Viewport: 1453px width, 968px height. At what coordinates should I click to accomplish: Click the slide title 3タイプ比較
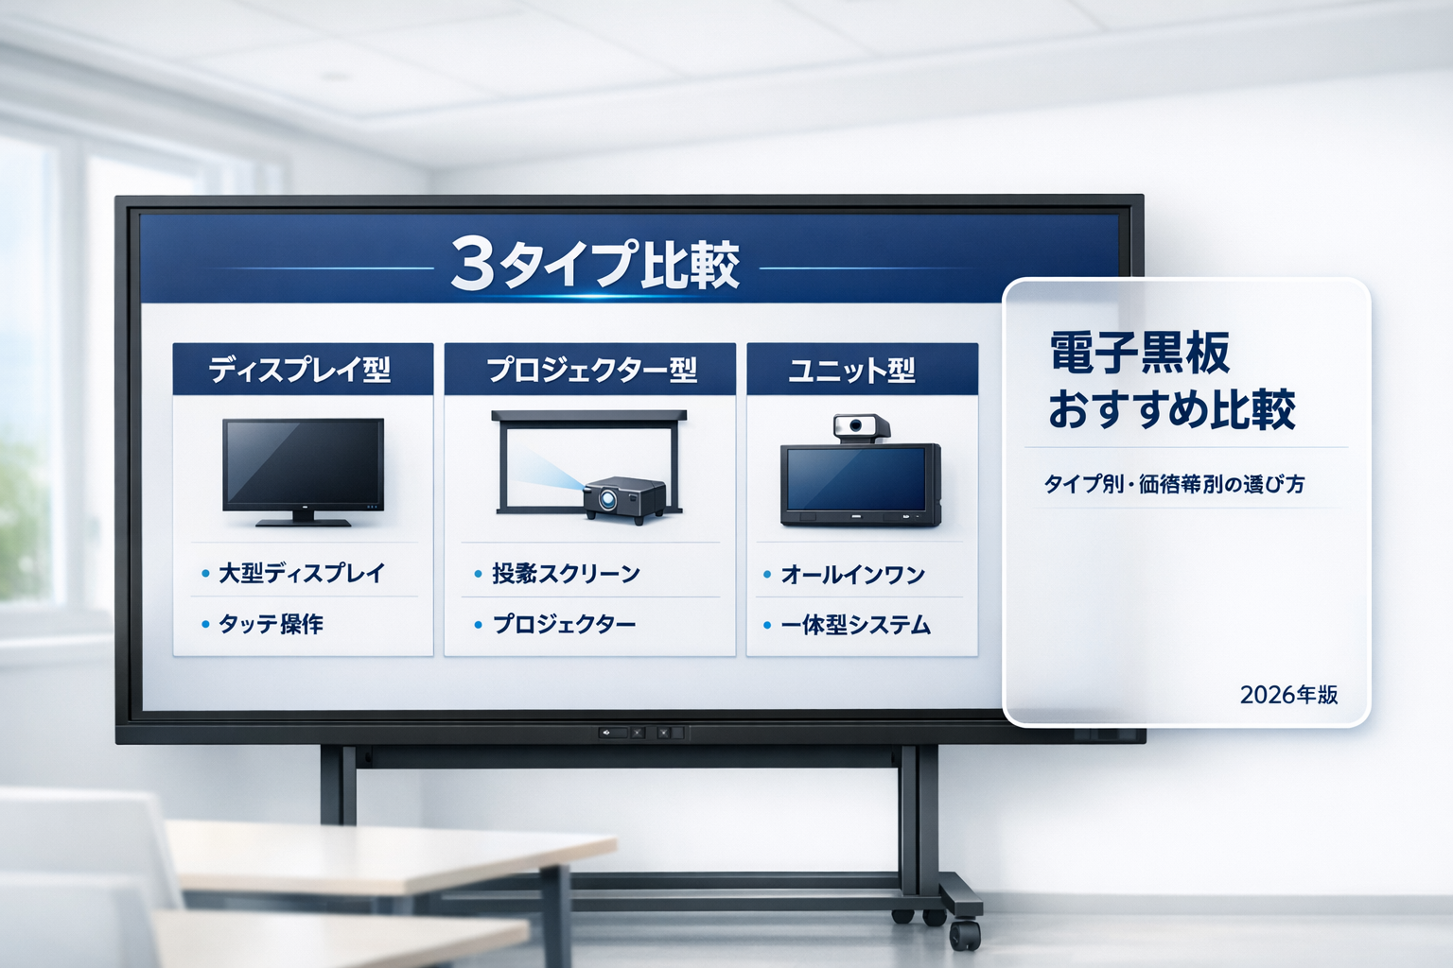(594, 264)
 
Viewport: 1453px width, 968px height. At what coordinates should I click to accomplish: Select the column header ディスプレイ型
(300, 369)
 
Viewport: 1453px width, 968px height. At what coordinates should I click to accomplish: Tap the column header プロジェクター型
(591, 369)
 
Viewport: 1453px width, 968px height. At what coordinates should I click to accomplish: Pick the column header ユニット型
(851, 369)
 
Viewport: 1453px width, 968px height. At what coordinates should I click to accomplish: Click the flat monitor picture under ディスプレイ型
(303, 467)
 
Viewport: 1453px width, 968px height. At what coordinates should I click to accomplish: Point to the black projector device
(623, 498)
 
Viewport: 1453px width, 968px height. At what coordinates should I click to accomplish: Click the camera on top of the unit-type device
(860, 427)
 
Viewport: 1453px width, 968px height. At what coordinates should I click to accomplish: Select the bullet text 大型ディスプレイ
(302, 573)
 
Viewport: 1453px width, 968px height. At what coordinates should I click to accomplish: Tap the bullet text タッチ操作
(271, 624)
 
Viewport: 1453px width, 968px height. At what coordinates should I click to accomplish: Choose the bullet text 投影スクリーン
(566, 574)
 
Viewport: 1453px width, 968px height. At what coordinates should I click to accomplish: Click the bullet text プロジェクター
(564, 624)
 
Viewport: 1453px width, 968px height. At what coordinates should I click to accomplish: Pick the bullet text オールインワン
(852, 575)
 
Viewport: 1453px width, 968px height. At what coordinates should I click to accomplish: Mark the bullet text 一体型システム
(855, 625)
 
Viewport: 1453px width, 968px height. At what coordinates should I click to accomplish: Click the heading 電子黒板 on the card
(1140, 353)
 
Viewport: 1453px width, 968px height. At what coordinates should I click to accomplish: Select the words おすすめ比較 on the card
(1171, 410)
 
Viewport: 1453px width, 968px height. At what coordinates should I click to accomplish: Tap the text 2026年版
(1288, 695)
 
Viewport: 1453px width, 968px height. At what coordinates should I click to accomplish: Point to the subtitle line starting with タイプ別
(1174, 484)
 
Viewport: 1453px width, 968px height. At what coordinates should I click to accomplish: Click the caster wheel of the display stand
(965, 933)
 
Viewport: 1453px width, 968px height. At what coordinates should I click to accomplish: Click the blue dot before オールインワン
(767, 575)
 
